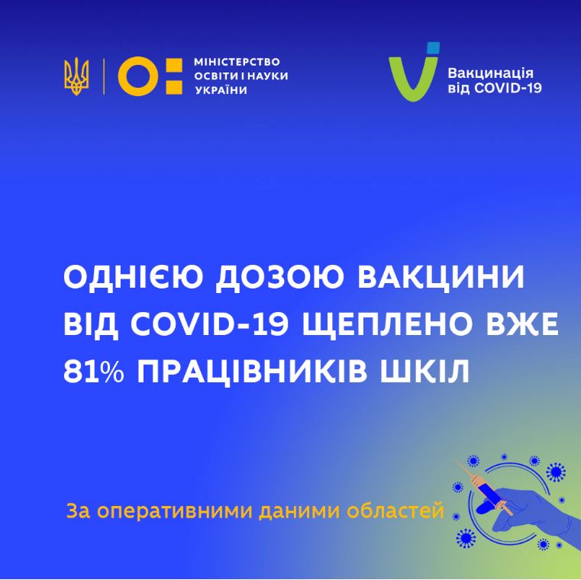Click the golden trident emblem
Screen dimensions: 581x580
pyautogui.click(x=76, y=76)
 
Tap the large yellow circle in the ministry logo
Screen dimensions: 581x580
pyautogui.click(x=138, y=76)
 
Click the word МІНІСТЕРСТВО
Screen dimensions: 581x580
pyautogui.click(x=237, y=62)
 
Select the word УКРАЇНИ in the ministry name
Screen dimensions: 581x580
pyautogui.click(x=221, y=90)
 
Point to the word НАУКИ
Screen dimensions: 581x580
pyautogui.click(x=267, y=76)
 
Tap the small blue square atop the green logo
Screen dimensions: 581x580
pyautogui.click(x=433, y=47)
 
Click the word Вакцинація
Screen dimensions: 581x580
pyautogui.click(x=490, y=73)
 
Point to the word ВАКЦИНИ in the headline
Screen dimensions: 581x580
pyautogui.click(x=441, y=277)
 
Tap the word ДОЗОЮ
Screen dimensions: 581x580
pyautogui.click(x=278, y=278)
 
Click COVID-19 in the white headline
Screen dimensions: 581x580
pyautogui.click(x=209, y=324)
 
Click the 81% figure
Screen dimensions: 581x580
pyautogui.click(x=93, y=371)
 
